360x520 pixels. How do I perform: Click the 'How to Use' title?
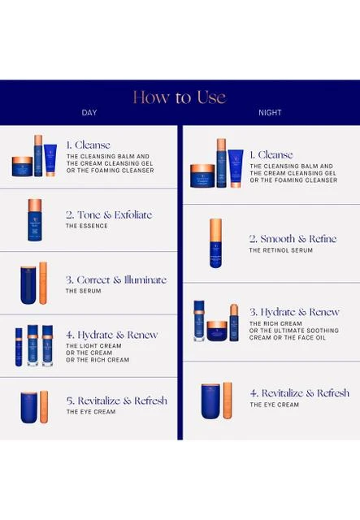coord(180,97)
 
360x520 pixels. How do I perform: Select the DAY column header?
coord(89,112)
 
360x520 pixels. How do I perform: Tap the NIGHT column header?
coord(270,112)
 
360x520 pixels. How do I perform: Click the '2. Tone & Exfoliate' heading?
coord(109,214)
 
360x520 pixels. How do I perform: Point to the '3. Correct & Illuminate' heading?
coord(116,279)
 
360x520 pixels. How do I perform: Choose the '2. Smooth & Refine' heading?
coord(293,239)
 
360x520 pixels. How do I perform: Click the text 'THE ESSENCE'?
coord(87,226)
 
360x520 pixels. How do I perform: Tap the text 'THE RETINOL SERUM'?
coord(281,250)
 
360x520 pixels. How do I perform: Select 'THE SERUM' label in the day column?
coord(83,291)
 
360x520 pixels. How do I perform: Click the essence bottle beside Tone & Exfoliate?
coord(35,220)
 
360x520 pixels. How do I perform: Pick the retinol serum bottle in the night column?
coord(215,243)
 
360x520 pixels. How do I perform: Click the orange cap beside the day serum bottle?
coord(43,283)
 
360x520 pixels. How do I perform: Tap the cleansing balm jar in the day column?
coord(22,167)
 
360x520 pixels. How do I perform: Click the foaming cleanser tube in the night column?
coord(236,168)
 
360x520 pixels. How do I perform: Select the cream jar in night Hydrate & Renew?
coord(217,331)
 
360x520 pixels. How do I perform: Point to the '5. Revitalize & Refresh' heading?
coord(116,401)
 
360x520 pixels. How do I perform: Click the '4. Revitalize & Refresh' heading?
coord(300,393)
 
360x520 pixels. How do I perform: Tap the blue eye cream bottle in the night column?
coord(210,401)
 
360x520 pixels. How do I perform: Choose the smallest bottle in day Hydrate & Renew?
coord(19,347)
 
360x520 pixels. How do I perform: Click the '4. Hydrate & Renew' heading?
coord(112,335)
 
